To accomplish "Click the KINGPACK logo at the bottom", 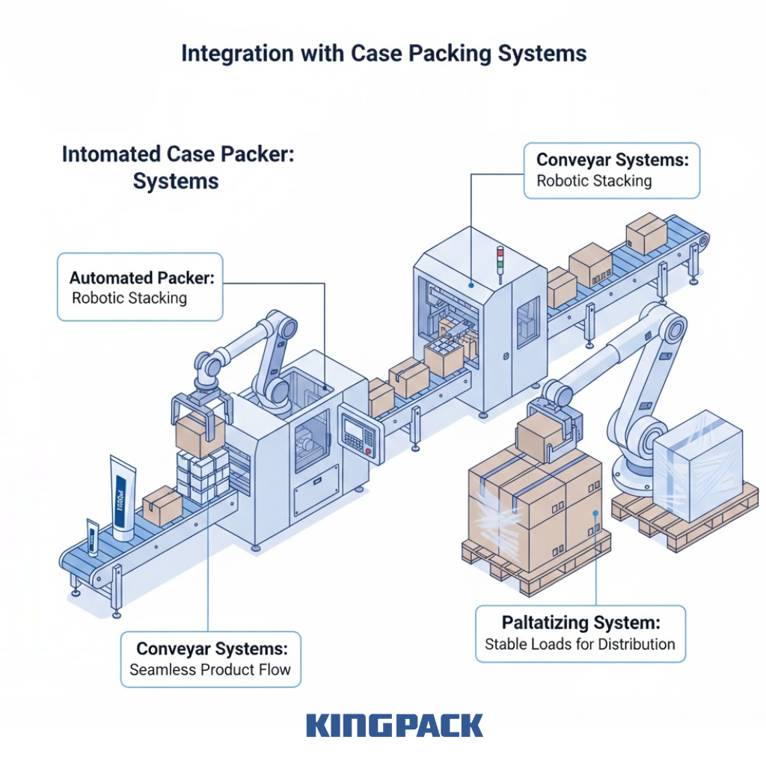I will pyautogui.click(x=394, y=726).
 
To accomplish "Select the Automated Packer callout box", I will pyautogui.click(x=140, y=287).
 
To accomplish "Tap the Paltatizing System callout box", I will pyautogui.click(x=580, y=633).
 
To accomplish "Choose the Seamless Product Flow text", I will pyautogui.click(x=210, y=670).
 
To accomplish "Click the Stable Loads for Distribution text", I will pyautogui.click(x=580, y=643).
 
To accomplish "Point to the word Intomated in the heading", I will pyautogui.click(x=112, y=155).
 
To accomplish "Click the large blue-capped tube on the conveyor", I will pyautogui.click(x=123, y=497).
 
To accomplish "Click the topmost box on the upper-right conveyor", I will pyautogui.click(x=646, y=233).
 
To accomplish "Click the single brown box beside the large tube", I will pyautogui.click(x=162, y=506).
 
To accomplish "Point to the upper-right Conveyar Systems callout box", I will pyautogui.click(x=611, y=171).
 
